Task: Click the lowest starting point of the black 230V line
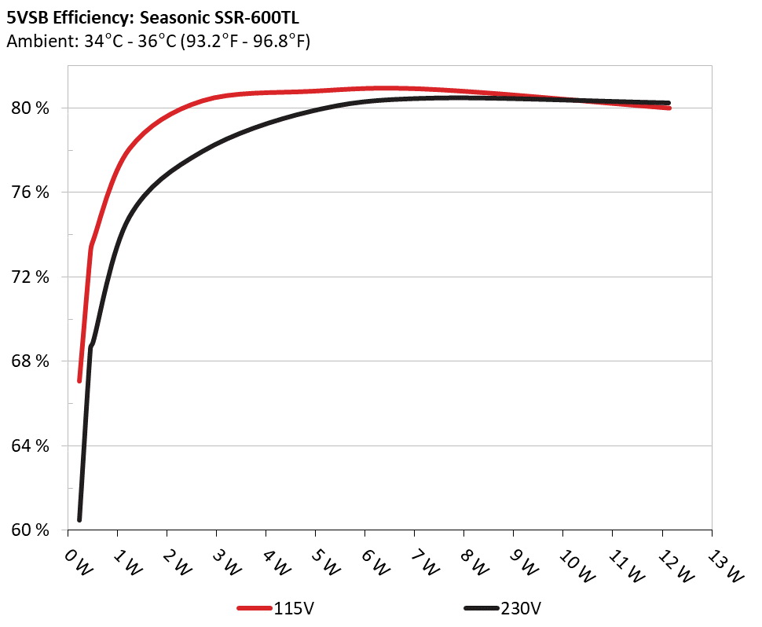79,519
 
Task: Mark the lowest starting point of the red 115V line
79,380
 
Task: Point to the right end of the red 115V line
669,108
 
